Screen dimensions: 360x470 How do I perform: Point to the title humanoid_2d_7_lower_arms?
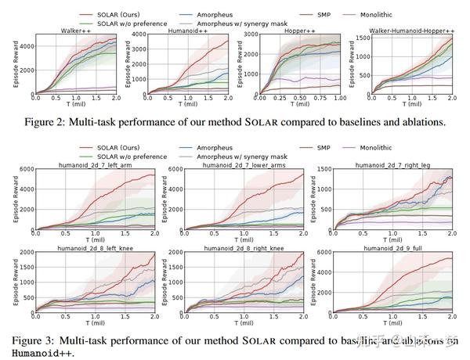coord(244,165)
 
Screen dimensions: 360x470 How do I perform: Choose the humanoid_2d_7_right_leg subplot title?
coord(393,165)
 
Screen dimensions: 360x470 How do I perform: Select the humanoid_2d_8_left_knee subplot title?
coord(92,248)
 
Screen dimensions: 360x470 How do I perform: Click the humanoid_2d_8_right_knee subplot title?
coord(244,248)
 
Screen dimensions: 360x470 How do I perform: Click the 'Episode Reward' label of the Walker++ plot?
coord(5,64)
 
